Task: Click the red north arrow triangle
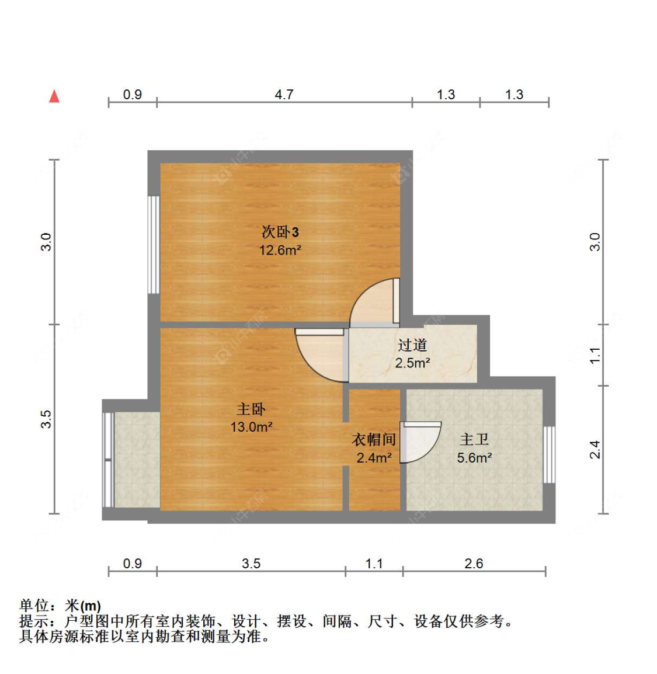click(54, 96)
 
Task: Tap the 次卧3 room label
click(280, 232)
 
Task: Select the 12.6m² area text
click(280, 251)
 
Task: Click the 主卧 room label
click(251, 409)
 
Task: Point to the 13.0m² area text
click(251, 427)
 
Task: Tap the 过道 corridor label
click(412, 345)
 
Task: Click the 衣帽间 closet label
click(374, 440)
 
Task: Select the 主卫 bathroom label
click(474, 439)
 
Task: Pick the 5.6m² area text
click(474, 458)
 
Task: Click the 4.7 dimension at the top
click(284, 95)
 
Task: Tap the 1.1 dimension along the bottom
click(374, 564)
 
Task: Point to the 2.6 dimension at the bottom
click(474, 564)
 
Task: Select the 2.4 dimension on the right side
click(595, 449)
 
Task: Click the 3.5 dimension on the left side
click(46, 419)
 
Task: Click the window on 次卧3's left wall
click(153, 245)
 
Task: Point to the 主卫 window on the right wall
click(549, 454)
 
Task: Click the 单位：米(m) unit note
click(60, 606)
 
